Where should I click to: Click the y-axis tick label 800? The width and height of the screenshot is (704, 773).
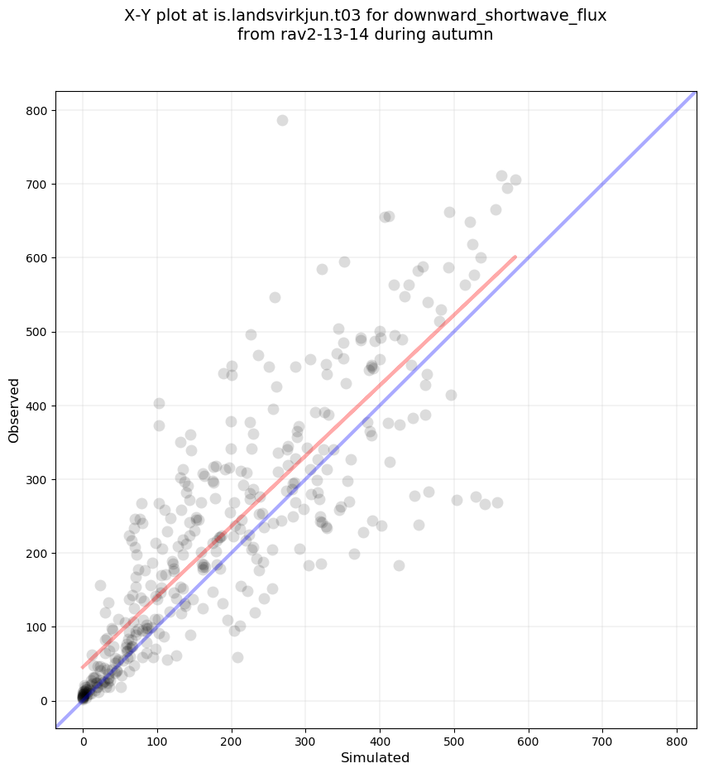coord(39,111)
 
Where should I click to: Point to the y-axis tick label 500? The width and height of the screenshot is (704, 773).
coord(39,333)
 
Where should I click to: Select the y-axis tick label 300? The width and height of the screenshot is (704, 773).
coord(39,480)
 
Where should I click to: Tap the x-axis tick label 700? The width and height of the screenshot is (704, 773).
coord(603,738)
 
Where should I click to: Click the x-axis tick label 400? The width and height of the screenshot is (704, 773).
coord(380,738)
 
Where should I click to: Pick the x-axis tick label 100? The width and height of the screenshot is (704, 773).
coord(157,738)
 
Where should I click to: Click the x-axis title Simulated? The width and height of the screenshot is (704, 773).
coord(376,757)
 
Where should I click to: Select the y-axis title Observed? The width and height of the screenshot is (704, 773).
coord(14,410)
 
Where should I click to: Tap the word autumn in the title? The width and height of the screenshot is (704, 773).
coord(466,35)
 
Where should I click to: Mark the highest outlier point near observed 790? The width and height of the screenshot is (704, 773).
coord(282,120)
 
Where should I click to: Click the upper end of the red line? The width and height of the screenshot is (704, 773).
coord(515,257)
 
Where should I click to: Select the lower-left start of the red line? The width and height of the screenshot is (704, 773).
coord(83,667)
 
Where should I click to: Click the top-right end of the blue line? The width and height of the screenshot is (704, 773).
coord(693,94)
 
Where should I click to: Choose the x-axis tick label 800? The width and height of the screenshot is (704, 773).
coord(678,738)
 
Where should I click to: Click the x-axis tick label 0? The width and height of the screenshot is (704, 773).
coord(83,738)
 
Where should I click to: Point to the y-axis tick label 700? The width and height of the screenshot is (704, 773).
coord(39,185)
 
